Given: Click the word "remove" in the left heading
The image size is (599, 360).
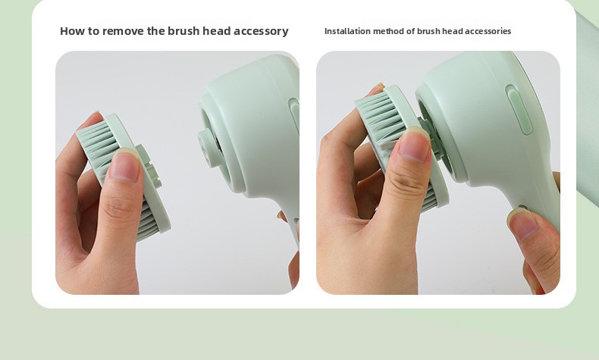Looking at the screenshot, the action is pos(124,31).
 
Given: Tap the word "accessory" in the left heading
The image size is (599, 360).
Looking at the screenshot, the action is pos(261,31).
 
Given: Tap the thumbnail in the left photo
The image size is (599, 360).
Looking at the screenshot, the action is pos(124,167).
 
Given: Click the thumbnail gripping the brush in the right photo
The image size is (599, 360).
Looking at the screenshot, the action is pos(414,144).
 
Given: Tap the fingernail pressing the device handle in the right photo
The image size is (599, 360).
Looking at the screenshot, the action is pos(523,224).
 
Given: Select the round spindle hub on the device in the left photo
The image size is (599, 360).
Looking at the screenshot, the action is pos(209,148).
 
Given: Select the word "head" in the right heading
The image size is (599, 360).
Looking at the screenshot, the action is pos(453,31).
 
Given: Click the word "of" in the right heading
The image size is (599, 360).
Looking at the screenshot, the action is pos(411,31).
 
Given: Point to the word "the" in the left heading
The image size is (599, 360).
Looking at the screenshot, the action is pos(156,31).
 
